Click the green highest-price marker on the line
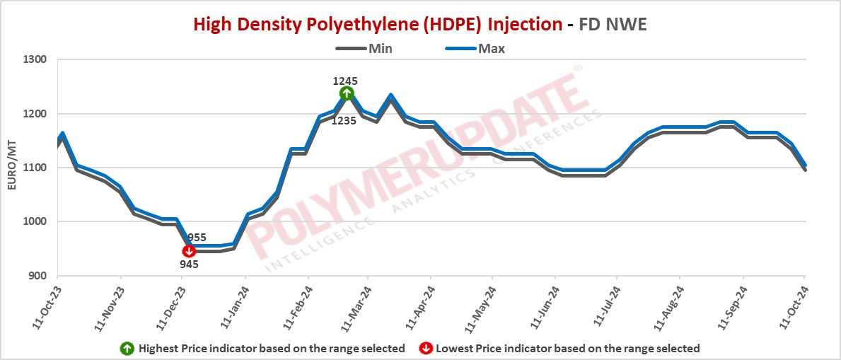point(346,93)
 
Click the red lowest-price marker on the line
point(189,251)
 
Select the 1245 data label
point(345,81)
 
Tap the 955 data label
point(197,238)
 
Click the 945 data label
point(189,265)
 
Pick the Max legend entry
point(491,49)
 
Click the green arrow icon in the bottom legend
point(126,348)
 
